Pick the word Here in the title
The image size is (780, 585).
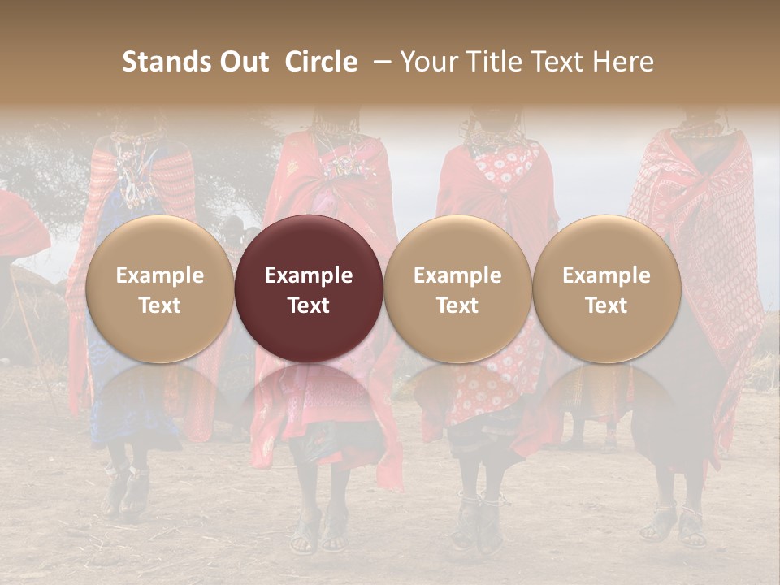625,62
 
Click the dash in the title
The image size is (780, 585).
379,62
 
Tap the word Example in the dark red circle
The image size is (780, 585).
309,275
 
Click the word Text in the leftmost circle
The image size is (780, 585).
159,305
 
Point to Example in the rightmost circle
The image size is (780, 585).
607,275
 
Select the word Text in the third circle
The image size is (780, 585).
457,305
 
